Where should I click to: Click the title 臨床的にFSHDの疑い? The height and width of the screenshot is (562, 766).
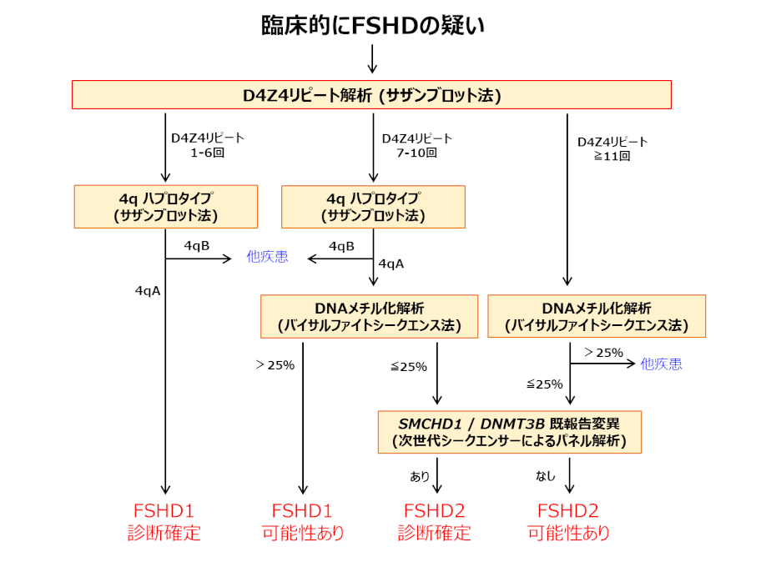(372, 26)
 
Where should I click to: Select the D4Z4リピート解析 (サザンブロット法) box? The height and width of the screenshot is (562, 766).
(372, 95)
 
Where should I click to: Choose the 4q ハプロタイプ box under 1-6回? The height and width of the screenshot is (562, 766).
(165, 206)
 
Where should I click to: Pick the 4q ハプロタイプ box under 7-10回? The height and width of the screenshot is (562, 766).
(373, 206)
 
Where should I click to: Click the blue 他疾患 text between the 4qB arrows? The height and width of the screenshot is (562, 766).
(267, 257)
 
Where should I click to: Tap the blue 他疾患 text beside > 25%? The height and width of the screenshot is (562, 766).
(661, 364)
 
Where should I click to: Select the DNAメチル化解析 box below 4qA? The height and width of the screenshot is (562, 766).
(369, 316)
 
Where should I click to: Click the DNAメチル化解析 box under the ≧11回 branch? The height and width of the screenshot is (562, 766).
(596, 316)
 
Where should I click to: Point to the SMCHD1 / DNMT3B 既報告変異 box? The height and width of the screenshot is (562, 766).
(509, 432)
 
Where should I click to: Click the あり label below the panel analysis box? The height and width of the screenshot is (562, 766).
(420, 476)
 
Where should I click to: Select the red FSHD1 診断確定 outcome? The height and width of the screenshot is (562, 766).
(164, 522)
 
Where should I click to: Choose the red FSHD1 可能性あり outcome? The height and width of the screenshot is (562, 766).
(303, 522)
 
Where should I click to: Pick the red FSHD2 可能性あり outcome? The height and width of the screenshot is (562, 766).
(568, 522)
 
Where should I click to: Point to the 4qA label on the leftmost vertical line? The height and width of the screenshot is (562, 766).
(147, 291)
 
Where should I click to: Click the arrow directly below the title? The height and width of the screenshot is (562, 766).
(372, 58)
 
